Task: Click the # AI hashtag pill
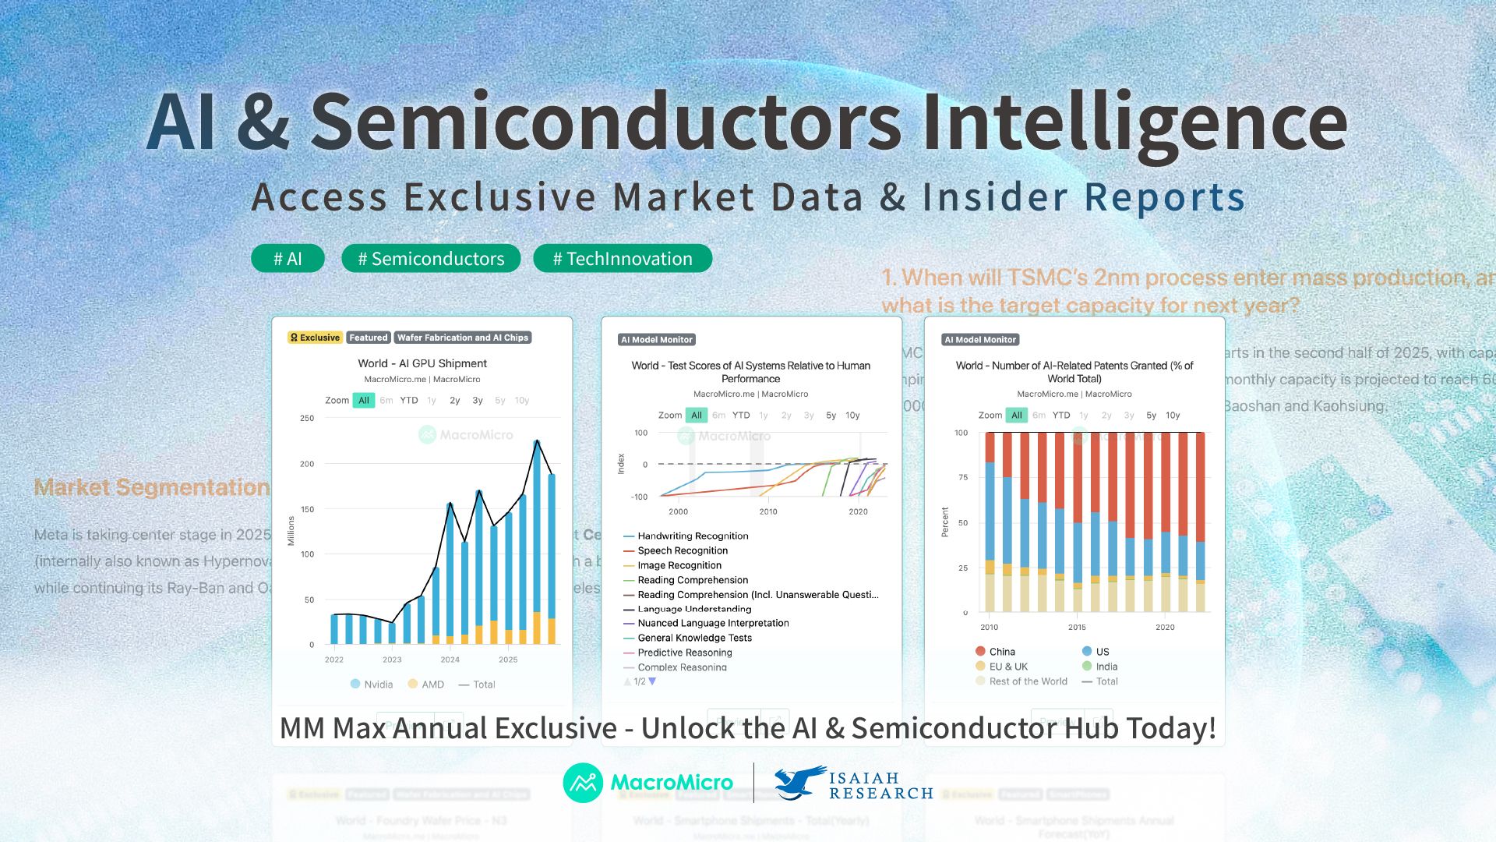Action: (288, 259)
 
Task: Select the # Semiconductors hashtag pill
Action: (431, 259)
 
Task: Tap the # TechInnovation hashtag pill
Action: (623, 259)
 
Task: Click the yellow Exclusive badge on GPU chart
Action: (315, 338)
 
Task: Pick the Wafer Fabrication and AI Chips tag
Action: (463, 338)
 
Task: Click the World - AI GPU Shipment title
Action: (422, 363)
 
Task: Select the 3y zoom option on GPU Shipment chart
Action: (478, 401)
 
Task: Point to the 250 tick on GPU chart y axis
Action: (307, 419)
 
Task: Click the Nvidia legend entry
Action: (372, 685)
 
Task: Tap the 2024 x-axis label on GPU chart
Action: (450, 660)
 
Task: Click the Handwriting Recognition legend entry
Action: (692, 536)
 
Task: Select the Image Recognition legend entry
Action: (679, 565)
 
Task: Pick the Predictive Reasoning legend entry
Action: (684, 653)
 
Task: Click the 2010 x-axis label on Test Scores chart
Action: (768, 511)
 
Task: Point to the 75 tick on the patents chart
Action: (963, 477)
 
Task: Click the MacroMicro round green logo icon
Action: (583, 783)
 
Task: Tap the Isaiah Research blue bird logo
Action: (799, 782)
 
